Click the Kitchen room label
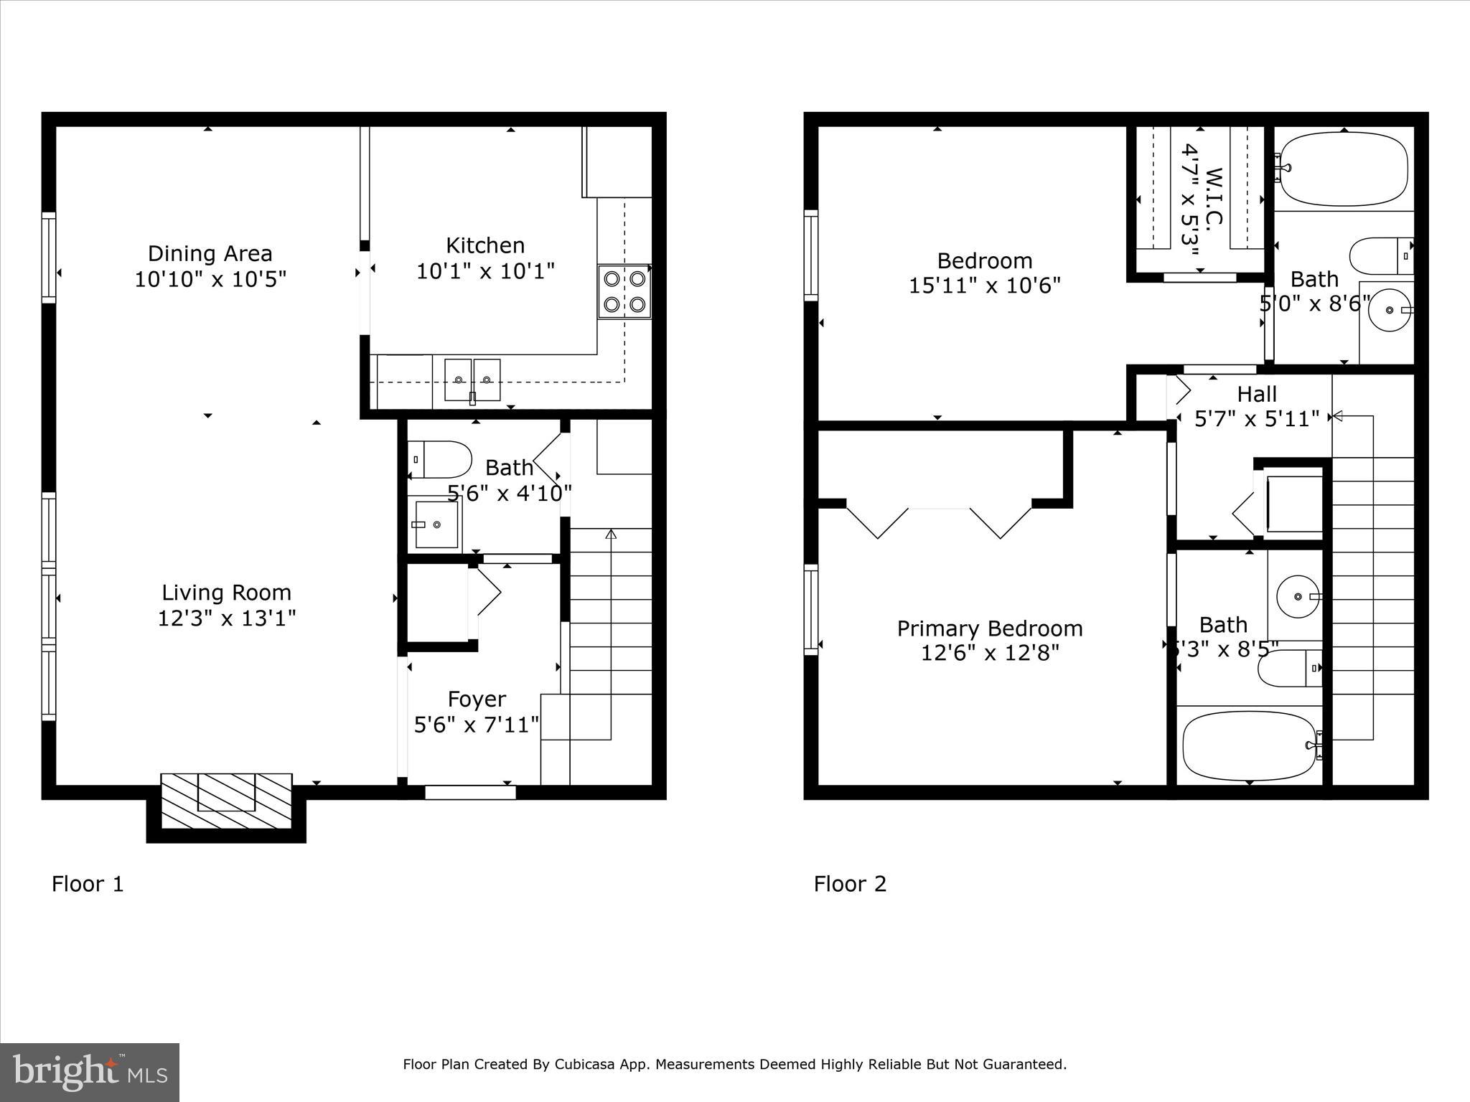tap(485, 245)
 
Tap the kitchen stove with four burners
tap(624, 291)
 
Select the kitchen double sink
tap(472, 380)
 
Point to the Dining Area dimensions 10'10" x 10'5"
tap(210, 279)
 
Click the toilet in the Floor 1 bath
tap(440, 459)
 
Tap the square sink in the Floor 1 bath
tap(436, 524)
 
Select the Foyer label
tap(477, 699)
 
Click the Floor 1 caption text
tap(88, 884)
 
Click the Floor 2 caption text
tap(850, 884)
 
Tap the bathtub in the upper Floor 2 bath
tap(1344, 169)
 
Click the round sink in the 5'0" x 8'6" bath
tap(1390, 309)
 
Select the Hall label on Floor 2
tap(1257, 394)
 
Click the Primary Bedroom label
tap(990, 628)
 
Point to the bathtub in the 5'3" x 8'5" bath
tap(1249, 745)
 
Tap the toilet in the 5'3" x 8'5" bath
tap(1290, 668)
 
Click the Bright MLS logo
tap(90, 1072)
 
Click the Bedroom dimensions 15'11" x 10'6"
tap(984, 286)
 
